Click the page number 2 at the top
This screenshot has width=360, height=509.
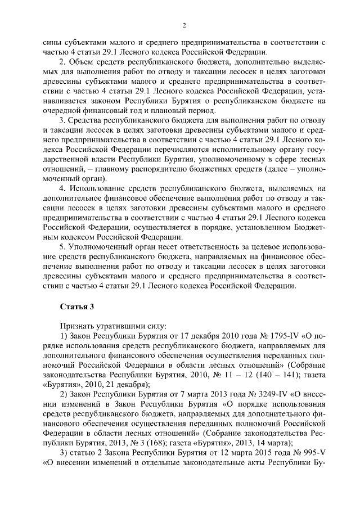pos(184,25)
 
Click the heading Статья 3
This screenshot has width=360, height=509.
pos(74,306)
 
